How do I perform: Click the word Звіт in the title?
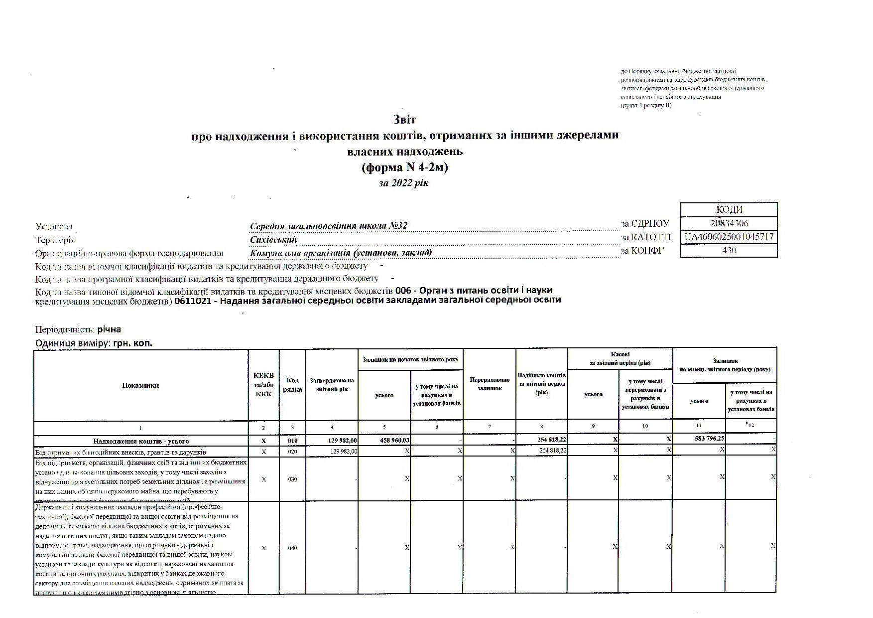404,120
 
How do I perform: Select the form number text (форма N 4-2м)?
404,167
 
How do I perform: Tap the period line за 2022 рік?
403,183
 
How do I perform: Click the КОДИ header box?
729,210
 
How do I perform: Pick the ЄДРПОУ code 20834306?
729,223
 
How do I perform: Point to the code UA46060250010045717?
729,237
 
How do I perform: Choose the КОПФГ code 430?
729,250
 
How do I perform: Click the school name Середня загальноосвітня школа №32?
329,226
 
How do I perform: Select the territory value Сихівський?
273,240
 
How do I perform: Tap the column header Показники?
140,385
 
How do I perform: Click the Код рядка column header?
292,385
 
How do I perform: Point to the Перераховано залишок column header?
490,384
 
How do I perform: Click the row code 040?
292,548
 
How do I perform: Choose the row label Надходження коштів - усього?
141,441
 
